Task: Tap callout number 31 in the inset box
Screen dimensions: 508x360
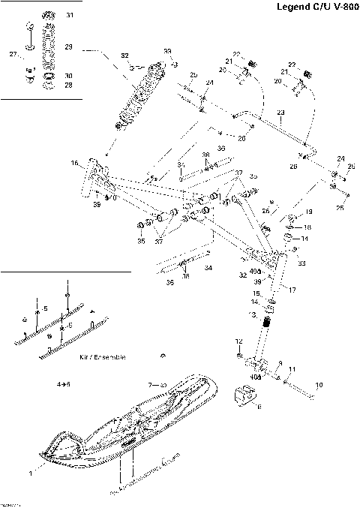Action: [70, 15]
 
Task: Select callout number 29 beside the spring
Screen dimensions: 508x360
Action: [68, 47]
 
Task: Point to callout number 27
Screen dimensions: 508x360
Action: [13, 55]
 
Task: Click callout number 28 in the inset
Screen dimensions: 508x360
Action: [68, 85]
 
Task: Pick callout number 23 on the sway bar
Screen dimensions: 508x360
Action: [280, 113]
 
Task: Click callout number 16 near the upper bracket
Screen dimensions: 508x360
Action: [75, 163]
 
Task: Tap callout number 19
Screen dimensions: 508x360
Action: [307, 213]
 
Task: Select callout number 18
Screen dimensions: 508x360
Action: [307, 227]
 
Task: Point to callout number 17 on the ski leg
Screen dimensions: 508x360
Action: [293, 290]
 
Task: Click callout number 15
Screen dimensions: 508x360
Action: [256, 293]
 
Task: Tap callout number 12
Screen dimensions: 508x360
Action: [239, 341]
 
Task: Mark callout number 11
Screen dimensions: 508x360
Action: [293, 370]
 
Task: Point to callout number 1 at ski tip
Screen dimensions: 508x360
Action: [31, 473]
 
